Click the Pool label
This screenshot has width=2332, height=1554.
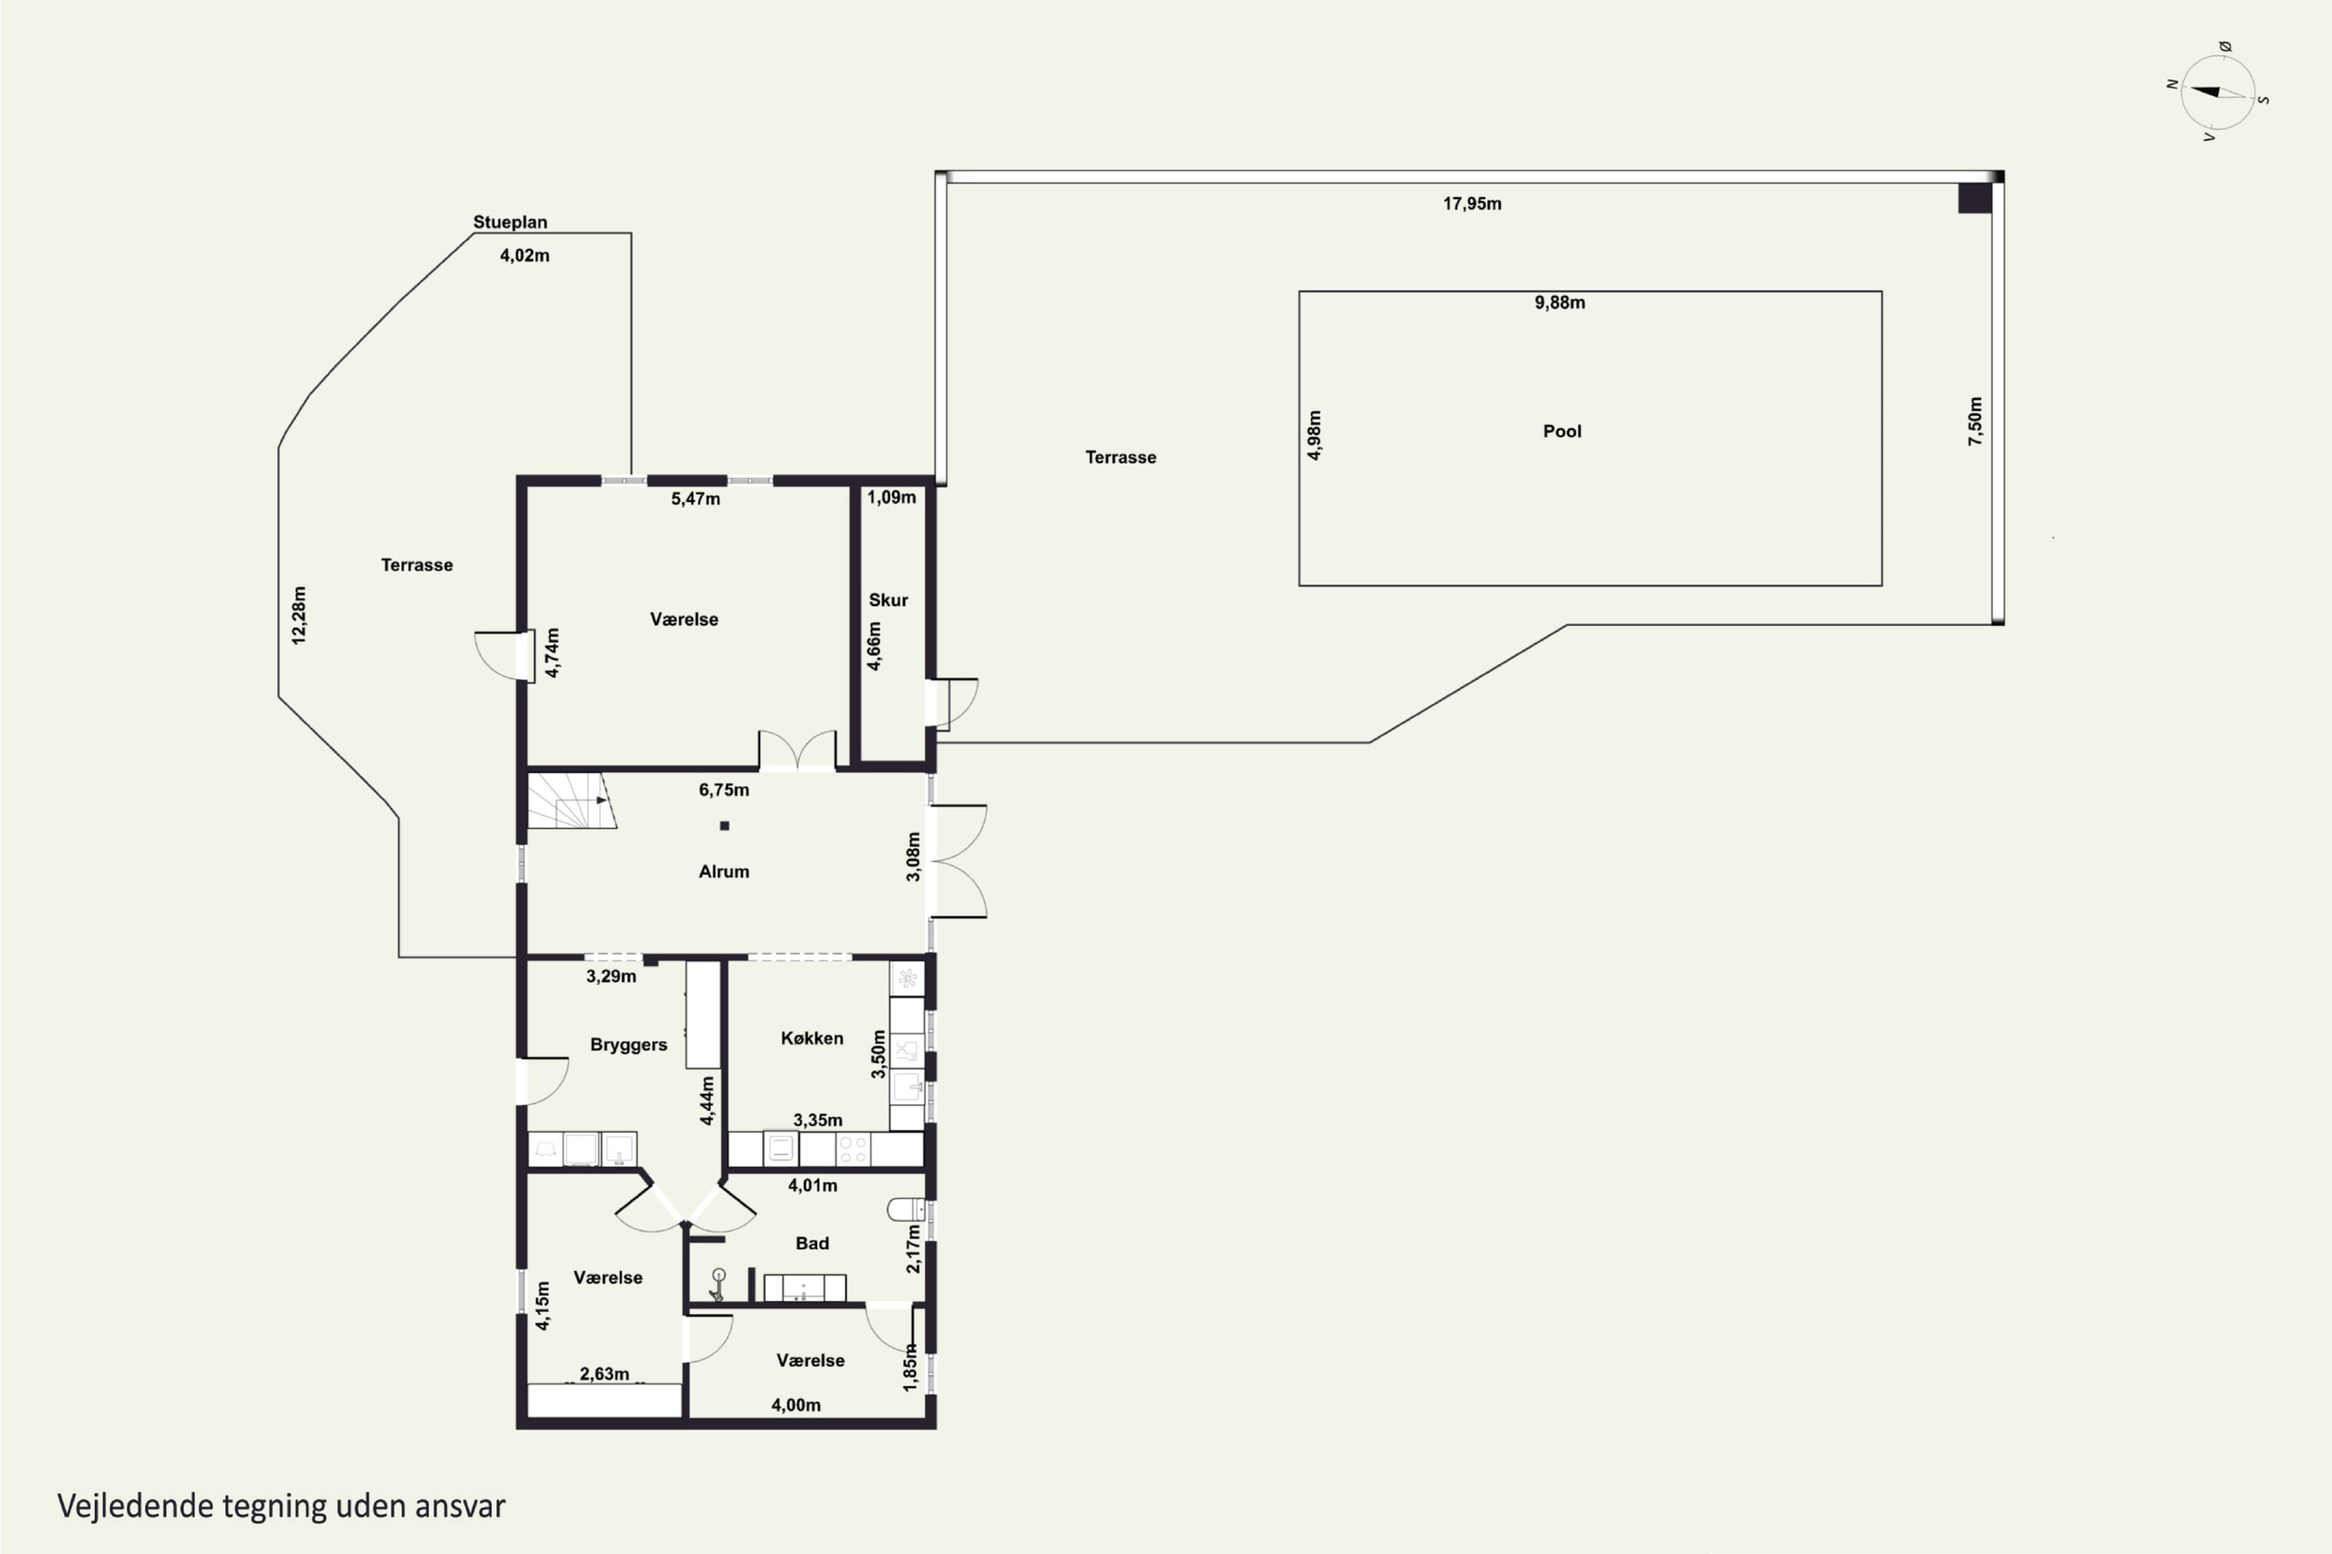click(1562, 431)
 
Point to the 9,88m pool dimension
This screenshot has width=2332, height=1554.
click(1559, 303)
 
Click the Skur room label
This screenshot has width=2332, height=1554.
click(888, 600)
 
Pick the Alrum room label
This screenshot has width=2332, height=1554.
click(724, 872)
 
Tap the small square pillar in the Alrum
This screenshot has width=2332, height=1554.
click(724, 825)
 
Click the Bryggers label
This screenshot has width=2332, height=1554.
click(629, 1044)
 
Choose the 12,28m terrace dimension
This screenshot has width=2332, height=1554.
click(298, 615)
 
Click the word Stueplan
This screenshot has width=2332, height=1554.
click(510, 222)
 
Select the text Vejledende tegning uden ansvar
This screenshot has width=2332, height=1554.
click(281, 1506)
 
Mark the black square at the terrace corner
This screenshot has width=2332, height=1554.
click(1975, 198)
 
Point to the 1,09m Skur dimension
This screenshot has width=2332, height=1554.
click(892, 497)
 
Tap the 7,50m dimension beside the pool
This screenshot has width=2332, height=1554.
click(1975, 421)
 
